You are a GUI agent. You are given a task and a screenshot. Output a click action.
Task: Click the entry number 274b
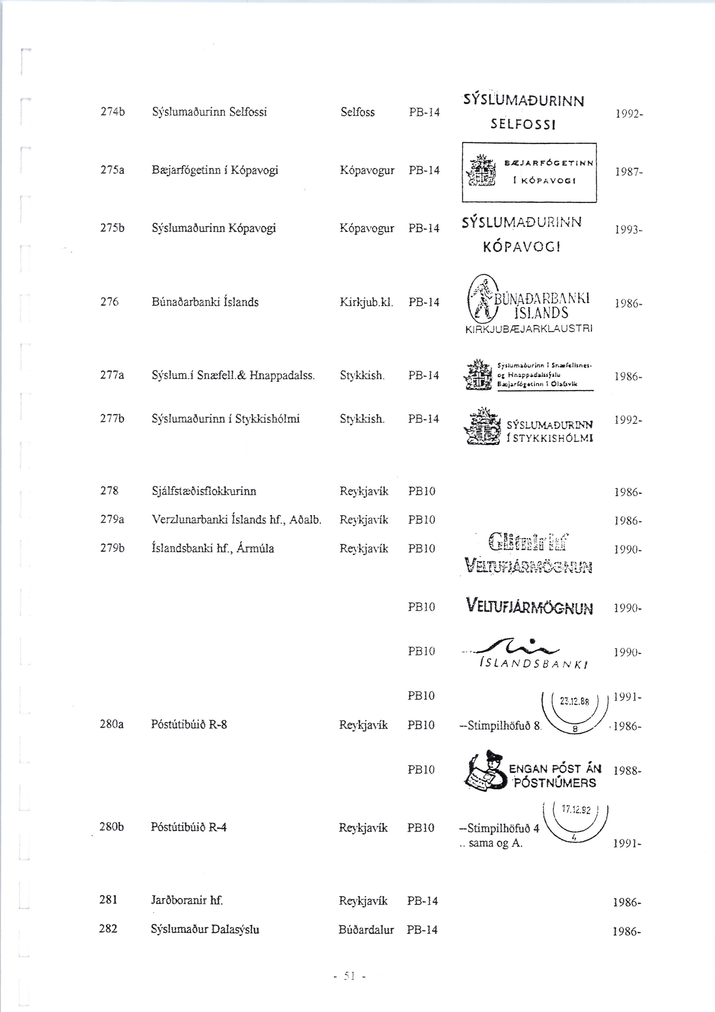[112, 112]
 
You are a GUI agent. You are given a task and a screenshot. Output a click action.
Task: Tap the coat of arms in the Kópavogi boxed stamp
[481, 172]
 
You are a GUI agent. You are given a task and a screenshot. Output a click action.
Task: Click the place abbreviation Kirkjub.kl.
[366, 302]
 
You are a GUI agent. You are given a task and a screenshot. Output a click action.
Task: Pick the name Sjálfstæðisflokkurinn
[204, 491]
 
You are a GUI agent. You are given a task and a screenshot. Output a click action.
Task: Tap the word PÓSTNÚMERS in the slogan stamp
[555, 783]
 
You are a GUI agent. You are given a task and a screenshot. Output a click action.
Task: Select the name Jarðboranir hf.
[187, 900]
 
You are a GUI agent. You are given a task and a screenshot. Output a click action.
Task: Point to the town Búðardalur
[366, 929]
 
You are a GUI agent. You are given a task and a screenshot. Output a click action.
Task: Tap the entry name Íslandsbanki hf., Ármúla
[212, 549]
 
